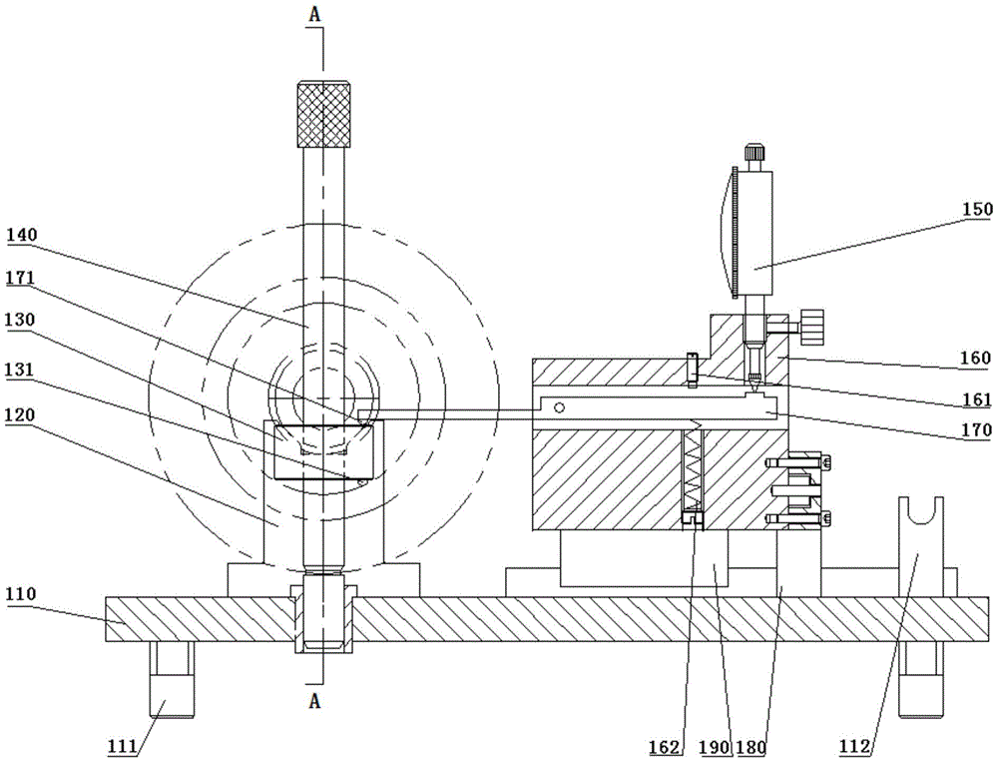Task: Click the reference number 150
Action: pyautogui.click(x=978, y=209)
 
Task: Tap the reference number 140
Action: pyautogui.click(x=22, y=235)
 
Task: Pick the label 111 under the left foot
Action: pyautogui.click(x=123, y=746)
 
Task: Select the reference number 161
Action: pyautogui.click(x=978, y=399)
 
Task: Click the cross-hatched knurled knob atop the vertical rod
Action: pyautogui.click(x=324, y=114)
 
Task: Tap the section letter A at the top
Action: pyautogui.click(x=315, y=15)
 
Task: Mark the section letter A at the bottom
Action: pyautogui.click(x=315, y=701)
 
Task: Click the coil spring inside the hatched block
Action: pyautogui.click(x=692, y=470)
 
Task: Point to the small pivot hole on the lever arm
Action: pyautogui.click(x=560, y=407)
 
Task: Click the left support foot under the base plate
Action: pyautogui.click(x=172, y=679)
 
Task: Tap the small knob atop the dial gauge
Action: pyautogui.click(x=754, y=152)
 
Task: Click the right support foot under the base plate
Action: pyautogui.click(x=920, y=679)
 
